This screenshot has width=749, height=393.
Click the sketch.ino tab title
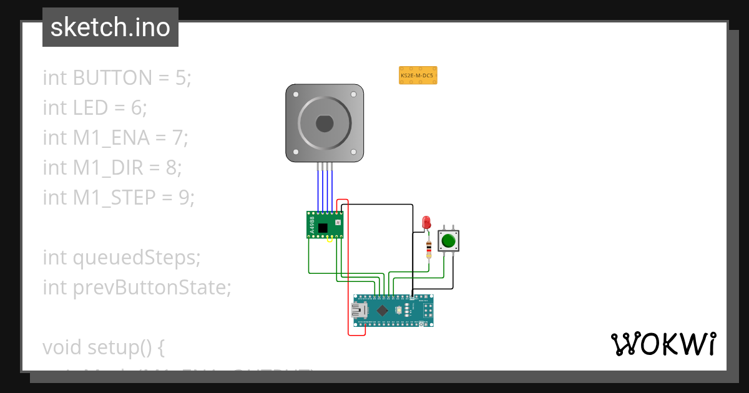click(110, 27)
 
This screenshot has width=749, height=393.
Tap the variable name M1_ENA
click(111, 138)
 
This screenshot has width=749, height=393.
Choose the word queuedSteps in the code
click(138, 257)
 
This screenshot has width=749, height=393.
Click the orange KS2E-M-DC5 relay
click(418, 75)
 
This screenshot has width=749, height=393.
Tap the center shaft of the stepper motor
click(325, 124)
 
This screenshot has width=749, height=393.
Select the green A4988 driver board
click(325, 225)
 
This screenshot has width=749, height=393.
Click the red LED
click(427, 221)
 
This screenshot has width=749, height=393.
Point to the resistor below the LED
click(428, 250)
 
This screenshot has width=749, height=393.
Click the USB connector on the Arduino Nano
click(360, 310)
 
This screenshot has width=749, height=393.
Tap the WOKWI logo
click(663, 344)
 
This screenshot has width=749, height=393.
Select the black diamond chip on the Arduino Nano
click(382, 310)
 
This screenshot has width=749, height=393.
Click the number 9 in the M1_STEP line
click(183, 198)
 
